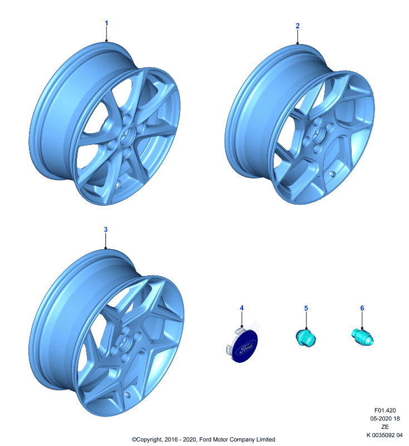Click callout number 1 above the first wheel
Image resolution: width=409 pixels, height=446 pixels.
tap(106, 23)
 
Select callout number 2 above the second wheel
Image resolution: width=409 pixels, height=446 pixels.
tap(298, 26)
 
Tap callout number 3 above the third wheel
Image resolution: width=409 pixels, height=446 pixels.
tap(105, 230)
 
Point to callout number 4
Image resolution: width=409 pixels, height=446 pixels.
tap(242, 308)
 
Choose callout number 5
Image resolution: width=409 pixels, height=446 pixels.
tap(306, 308)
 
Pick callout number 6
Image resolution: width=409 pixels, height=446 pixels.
tap(362, 308)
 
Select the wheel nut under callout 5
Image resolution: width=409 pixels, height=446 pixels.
tap(306, 338)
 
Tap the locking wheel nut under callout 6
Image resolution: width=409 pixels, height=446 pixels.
tap(363, 337)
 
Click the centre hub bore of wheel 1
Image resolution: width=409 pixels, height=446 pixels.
tap(128, 135)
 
